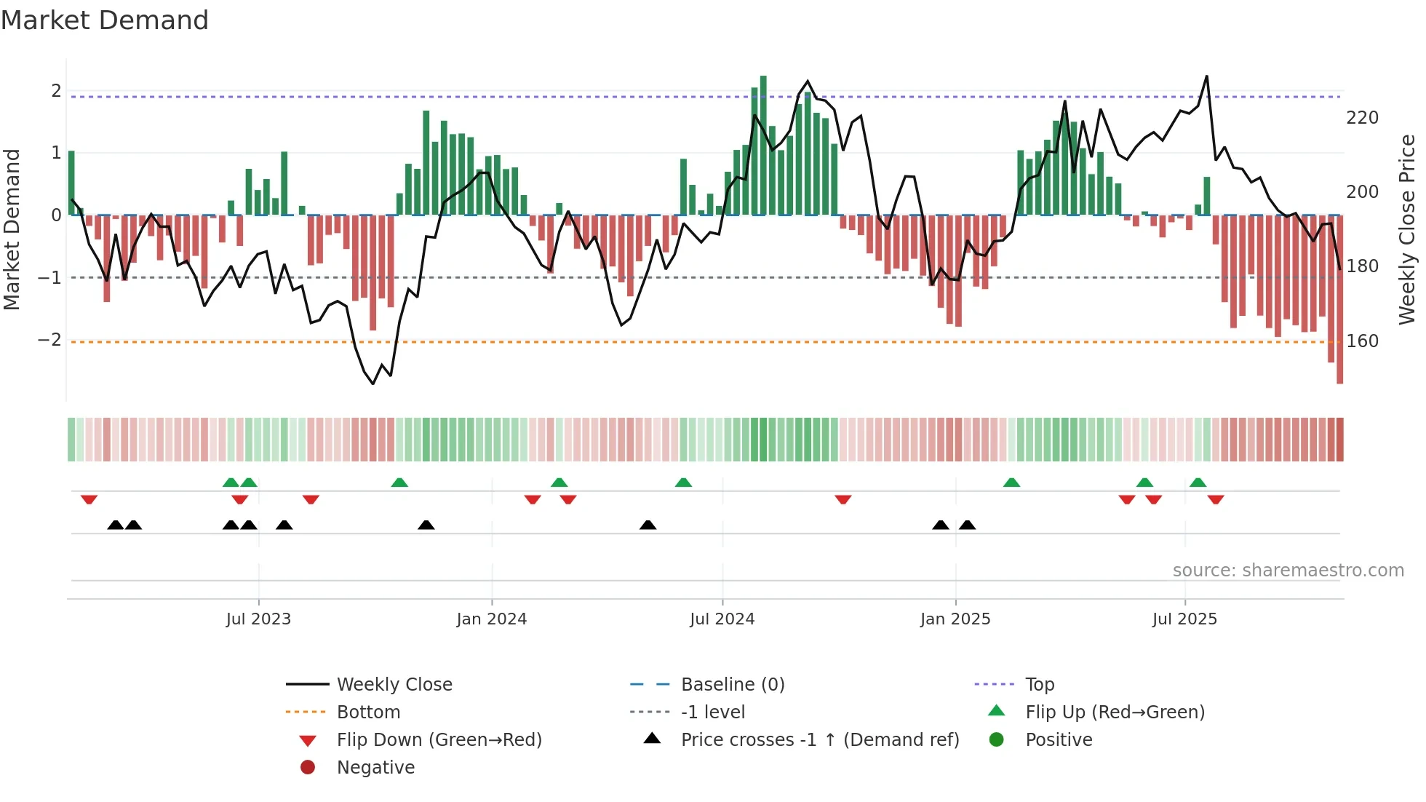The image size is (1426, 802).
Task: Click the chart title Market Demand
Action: (x=105, y=20)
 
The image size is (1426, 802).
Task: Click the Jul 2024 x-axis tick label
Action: (x=722, y=619)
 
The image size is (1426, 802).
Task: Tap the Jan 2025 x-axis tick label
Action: (x=955, y=619)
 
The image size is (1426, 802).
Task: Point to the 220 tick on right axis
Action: (x=1362, y=118)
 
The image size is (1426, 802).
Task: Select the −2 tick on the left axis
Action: (x=49, y=340)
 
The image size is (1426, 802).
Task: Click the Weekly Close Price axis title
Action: (x=1407, y=229)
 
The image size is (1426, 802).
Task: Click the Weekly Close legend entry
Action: (x=394, y=685)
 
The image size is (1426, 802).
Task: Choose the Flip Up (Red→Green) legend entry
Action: (x=1114, y=712)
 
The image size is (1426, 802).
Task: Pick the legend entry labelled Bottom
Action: (x=368, y=712)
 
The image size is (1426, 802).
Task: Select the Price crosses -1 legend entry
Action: (x=819, y=740)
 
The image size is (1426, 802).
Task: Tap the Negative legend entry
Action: (x=375, y=768)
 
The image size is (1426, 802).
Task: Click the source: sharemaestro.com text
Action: (x=1288, y=571)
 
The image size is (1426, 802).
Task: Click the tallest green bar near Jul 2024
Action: (x=763, y=146)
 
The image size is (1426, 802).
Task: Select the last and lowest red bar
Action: (x=1339, y=298)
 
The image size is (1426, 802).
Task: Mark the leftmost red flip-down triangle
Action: (x=89, y=499)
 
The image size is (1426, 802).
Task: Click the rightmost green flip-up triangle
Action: (x=1198, y=483)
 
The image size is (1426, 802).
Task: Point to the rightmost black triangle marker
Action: (x=967, y=525)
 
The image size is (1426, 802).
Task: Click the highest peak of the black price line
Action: (x=1207, y=76)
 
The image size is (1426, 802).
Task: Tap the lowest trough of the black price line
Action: (x=373, y=384)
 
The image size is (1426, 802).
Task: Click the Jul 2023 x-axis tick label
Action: (x=258, y=619)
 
